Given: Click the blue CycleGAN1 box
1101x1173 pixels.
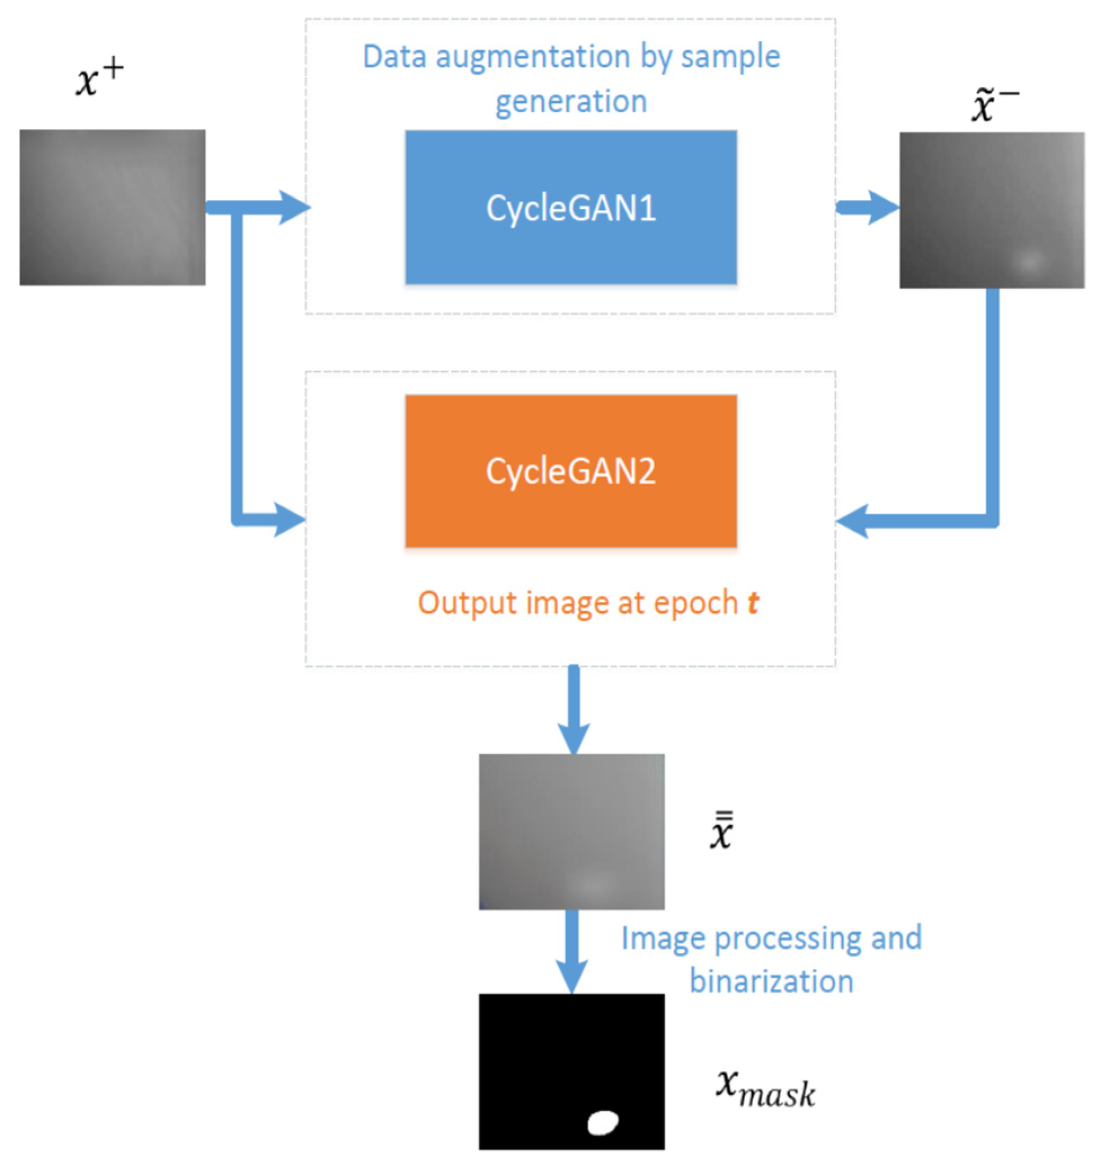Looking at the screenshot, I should [570, 207].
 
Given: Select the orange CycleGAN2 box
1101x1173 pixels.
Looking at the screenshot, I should [570, 471].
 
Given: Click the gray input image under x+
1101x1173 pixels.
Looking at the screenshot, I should [112, 207].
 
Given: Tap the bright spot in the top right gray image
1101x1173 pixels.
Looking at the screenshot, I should [1028, 260].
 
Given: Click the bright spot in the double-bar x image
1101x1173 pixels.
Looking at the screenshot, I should [592, 884].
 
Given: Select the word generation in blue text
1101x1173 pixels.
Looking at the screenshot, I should [570, 101].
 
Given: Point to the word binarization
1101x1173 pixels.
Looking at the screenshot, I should [771, 981].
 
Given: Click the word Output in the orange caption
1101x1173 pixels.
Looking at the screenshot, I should [466, 603].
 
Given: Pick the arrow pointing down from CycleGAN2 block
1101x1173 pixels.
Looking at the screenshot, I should [573, 711].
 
